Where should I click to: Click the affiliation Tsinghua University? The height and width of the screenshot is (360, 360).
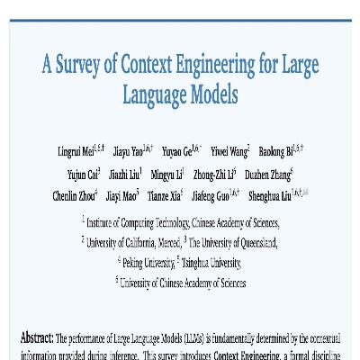pyautogui.click(x=211, y=262)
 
